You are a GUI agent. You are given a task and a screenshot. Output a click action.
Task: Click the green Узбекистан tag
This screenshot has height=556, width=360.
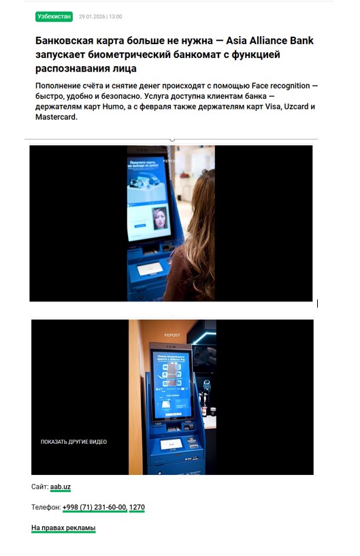pos(53,16)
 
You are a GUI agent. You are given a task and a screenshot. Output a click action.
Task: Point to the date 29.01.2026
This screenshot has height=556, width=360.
pos(91,16)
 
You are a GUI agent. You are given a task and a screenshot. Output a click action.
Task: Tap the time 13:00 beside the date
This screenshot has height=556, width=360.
pos(115,16)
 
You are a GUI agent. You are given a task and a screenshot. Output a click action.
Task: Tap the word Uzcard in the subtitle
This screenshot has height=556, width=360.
pos(296,107)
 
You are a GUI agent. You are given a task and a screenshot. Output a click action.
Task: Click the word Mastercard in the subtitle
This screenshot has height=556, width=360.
pos(56,117)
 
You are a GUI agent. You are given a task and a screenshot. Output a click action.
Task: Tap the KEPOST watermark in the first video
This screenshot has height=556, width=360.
pos(170,161)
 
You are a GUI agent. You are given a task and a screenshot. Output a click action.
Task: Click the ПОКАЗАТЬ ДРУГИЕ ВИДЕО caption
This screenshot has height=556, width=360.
pos(73,442)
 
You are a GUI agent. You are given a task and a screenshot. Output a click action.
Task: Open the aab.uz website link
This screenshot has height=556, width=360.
pos(61,487)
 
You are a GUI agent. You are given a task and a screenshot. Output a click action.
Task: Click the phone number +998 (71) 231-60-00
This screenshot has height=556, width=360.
pos(94,507)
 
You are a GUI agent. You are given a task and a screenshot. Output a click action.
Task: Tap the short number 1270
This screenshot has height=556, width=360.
pos(137,507)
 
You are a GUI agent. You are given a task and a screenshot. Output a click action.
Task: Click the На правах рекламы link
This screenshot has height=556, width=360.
pos(63,528)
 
